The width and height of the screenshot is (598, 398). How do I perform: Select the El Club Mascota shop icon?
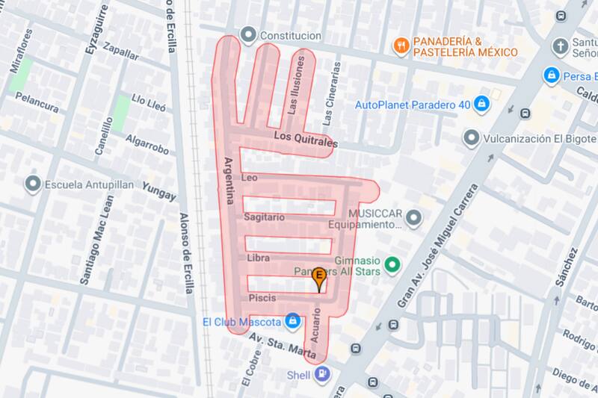(294, 323)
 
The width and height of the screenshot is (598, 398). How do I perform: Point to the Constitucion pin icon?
(247, 35)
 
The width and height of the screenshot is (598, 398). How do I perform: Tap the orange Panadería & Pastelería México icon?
(402, 45)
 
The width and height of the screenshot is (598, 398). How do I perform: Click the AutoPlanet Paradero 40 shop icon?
(482, 103)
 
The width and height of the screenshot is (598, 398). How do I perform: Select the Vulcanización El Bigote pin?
(471, 138)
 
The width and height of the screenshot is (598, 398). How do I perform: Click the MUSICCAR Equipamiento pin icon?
(416, 218)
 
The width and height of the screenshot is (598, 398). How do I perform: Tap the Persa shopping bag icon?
(552, 75)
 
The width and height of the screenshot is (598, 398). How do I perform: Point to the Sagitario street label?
(265, 217)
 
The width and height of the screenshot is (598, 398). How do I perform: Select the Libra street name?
(257, 258)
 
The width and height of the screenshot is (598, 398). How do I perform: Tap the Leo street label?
(250, 178)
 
